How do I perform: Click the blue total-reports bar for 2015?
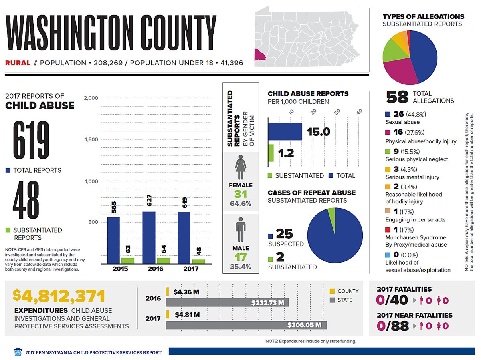[113, 240]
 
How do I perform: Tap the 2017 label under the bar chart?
[191, 269]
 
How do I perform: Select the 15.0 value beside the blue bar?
[318, 132]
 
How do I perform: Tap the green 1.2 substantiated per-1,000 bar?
[271, 153]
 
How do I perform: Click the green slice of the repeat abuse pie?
[331, 215]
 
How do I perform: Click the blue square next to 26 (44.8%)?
[388, 114]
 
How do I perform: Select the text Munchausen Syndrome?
[416, 237]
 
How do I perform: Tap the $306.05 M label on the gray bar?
[304, 325]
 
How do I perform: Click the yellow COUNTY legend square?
[332, 291]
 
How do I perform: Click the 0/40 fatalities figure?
[392, 300]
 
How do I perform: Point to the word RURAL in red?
[18, 63]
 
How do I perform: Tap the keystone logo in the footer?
[18, 352]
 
